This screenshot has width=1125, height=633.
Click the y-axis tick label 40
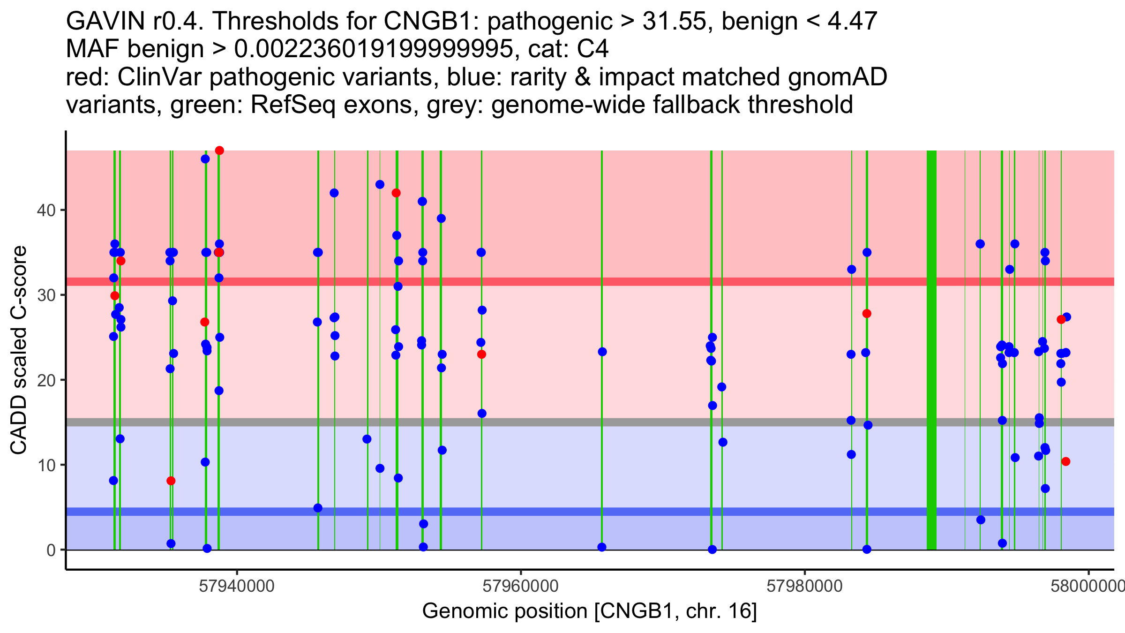45,210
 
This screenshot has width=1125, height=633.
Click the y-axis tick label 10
45,465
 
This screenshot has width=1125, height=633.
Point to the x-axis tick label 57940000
237,586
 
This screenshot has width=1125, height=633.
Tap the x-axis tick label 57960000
521,586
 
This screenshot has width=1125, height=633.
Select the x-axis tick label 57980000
805,586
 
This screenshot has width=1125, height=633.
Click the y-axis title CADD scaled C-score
19,350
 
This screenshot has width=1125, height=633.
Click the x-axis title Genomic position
589,611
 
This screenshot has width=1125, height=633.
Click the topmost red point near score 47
219,151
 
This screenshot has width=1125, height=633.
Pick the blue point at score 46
205,159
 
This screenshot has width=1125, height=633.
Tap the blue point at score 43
380,185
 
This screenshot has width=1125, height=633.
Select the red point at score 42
396,193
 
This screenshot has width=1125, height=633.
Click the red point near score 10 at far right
1066,461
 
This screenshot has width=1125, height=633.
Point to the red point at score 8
171,481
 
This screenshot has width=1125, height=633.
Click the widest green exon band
931,350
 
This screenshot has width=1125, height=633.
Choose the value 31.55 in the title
674,21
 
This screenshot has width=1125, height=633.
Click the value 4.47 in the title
853,21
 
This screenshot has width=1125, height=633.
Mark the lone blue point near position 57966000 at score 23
602,352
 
